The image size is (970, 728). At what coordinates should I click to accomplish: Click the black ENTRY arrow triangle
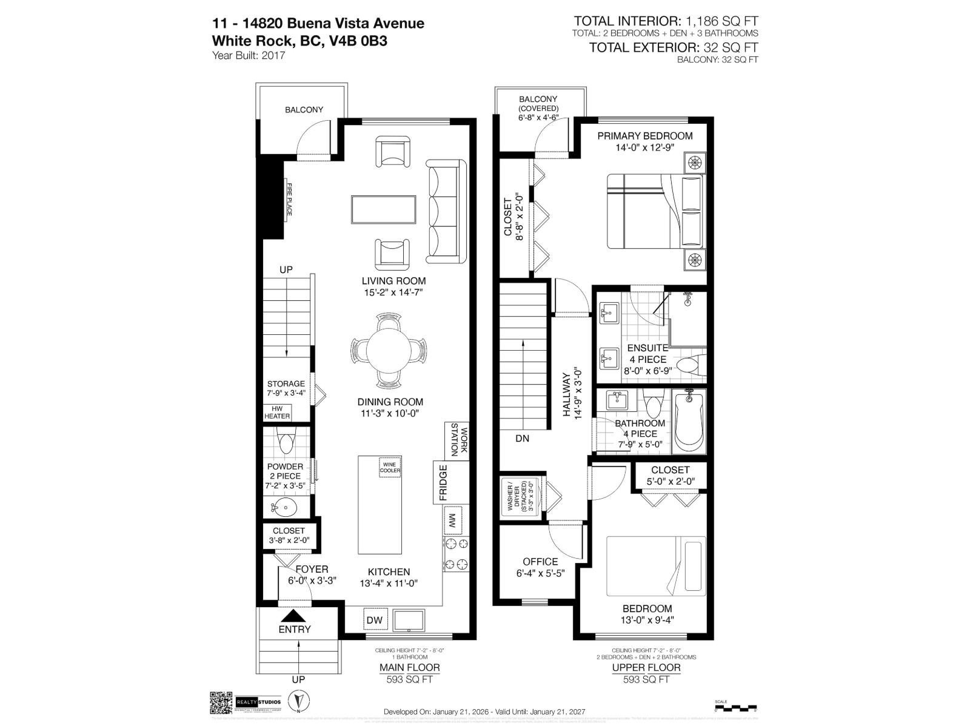coord(295,615)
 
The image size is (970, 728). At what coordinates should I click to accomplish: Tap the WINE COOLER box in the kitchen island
coord(390,467)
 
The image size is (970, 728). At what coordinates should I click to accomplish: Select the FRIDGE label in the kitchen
coord(443,482)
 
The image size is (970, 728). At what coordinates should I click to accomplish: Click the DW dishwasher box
coord(374,620)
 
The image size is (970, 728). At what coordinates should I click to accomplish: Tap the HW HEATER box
coord(277,413)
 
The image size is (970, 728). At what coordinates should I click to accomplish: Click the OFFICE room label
coord(540,562)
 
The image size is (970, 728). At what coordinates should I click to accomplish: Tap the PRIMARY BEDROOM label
coord(644,136)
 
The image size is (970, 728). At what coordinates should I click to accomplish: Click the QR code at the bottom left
coord(221,703)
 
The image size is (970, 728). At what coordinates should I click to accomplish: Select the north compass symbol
coord(298,702)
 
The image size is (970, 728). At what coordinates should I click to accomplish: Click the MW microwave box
coord(452,521)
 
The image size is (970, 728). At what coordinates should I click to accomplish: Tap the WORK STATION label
coord(459,442)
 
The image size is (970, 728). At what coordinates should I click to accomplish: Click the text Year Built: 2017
coord(249,56)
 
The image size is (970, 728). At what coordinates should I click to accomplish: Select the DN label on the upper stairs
coord(522,438)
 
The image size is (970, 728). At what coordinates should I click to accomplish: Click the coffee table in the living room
coord(383,210)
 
